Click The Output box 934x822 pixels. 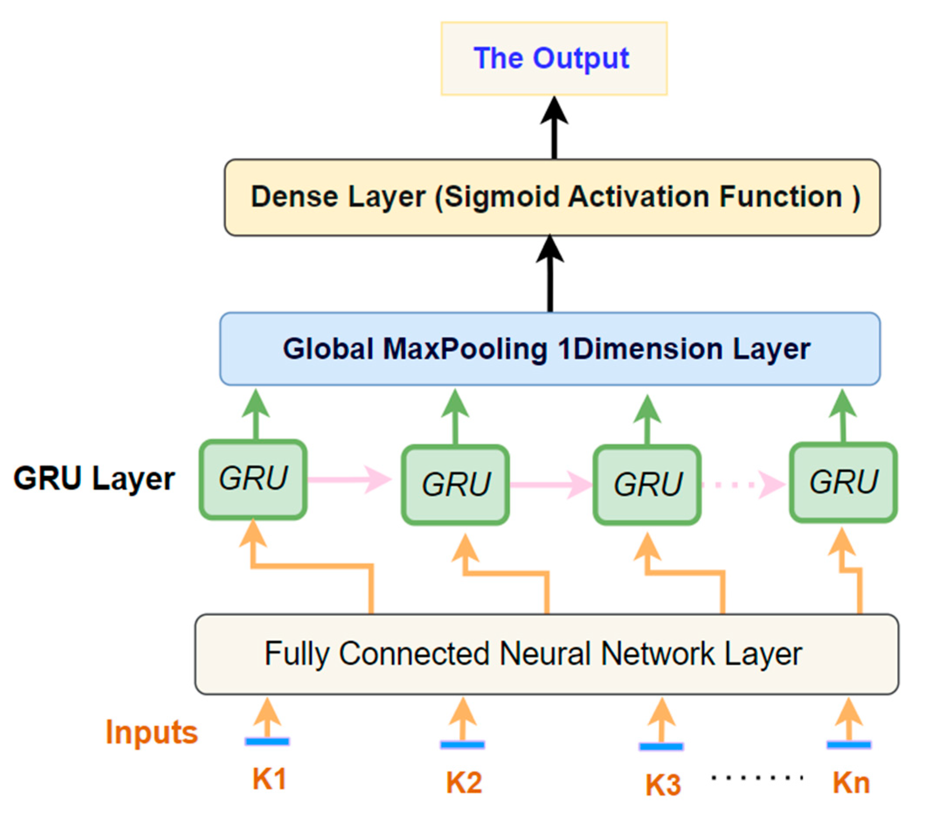pos(554,59)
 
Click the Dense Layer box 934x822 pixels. pos(552,197)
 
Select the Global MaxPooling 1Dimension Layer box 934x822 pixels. pos(550,349)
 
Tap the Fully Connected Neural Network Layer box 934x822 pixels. pos(547,654)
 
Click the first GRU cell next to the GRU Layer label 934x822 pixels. pos(253,479)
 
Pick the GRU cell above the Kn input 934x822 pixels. pos(843,483)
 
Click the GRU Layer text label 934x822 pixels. pos(94,479)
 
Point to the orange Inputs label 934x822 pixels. pos(151,732)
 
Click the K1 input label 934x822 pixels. pos(269,779)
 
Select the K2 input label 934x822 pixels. pos(464,782)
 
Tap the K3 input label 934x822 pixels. pos(663,785)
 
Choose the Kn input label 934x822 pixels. pos(851,782)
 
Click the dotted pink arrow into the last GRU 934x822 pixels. pos(743,485)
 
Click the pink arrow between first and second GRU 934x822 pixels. pos(349,479)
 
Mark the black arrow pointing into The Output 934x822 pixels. pos(554,128)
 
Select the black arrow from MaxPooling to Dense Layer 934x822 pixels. pos(550,274)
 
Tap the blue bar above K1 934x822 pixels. pos(267,742)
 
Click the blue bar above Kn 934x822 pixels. pos(848,745)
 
